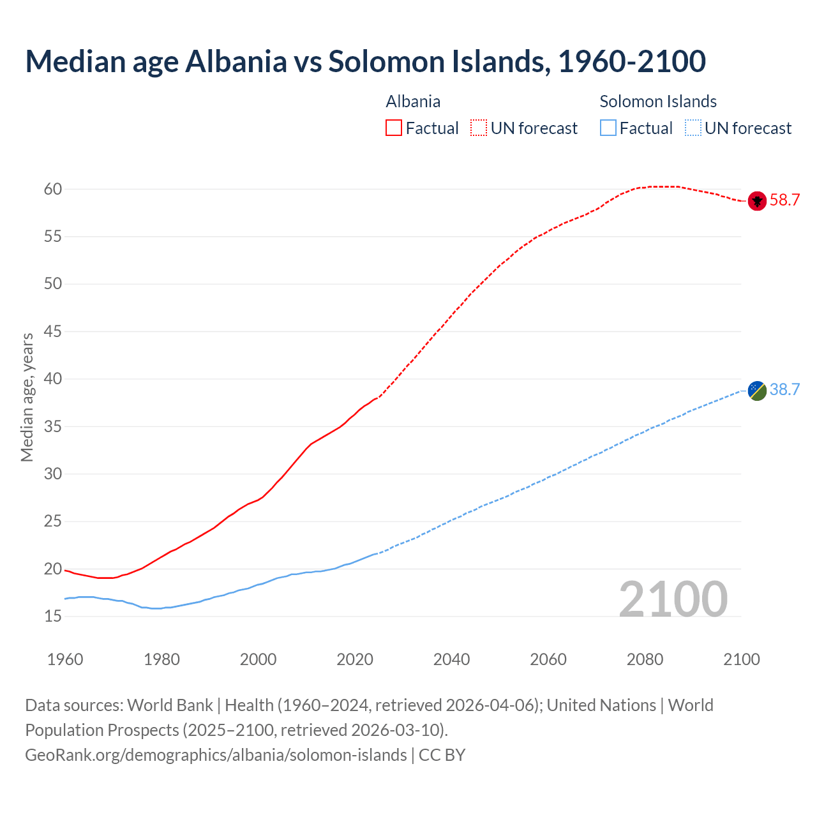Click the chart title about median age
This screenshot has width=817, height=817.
click(365, 61)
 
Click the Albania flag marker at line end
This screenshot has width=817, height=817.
click(757, 200)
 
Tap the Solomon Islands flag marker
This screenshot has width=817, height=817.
click(757, 390)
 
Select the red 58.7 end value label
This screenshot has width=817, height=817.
click(784, 200)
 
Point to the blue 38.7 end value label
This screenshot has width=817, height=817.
click(784, 390)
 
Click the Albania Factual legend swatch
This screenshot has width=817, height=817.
click(394, 128)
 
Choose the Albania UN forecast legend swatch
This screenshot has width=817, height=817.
click(479, 128)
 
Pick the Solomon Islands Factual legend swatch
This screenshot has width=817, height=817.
click(608, 128)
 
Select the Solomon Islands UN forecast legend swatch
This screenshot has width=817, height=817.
click(693, 128)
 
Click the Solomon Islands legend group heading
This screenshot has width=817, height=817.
click(658, 101)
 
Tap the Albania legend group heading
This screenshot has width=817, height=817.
click(413, 101)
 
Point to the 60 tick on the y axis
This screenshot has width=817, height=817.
click(52, 189)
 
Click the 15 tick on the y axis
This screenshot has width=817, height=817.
click(52, 617)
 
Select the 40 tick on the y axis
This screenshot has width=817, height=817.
click(52, 379)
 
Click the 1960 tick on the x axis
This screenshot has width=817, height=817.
click(65, 659)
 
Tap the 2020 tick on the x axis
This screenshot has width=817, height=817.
click(355, 659)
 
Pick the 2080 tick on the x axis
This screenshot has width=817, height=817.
click(645, 659)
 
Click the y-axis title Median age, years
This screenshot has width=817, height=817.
click(27, 397)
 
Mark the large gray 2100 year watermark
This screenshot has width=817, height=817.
click(673, 599)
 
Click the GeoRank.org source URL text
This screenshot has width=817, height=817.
click(216, 755)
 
